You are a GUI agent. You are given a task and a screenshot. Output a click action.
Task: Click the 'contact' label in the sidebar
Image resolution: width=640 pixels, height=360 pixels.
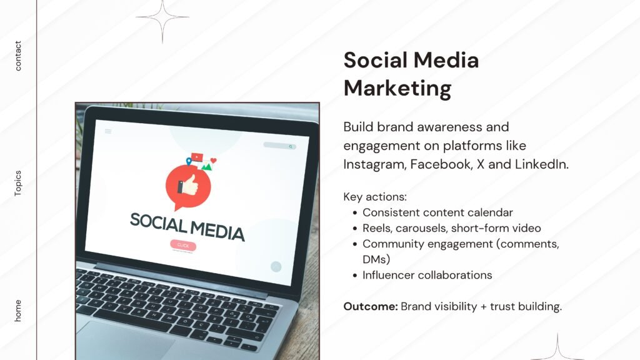point(18,56)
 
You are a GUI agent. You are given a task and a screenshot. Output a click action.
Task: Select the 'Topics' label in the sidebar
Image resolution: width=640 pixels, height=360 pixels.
point(18,183)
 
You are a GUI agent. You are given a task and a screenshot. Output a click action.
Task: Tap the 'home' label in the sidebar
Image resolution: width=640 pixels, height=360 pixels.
point(18,311)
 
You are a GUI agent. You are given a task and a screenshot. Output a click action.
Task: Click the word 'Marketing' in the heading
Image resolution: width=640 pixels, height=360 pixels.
point(397,88)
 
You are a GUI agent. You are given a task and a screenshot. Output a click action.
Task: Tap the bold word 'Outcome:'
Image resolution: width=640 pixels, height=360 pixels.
point(371,306)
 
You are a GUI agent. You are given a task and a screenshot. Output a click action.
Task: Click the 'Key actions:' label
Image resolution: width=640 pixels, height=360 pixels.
point(375,197)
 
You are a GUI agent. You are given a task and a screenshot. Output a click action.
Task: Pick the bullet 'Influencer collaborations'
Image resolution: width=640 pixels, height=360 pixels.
point(427,275)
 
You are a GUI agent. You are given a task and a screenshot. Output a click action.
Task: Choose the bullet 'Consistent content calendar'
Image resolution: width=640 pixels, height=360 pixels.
point(437,212)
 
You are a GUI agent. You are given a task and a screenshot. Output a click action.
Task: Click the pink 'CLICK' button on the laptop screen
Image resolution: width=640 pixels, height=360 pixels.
point(182,246)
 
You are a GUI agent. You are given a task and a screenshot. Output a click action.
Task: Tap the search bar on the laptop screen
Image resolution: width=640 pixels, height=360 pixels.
point(279,146)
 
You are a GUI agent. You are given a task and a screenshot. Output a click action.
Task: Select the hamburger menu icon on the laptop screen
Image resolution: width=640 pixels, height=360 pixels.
point(108,131)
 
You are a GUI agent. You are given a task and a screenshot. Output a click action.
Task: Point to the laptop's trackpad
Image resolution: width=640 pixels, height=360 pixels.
point(125,341)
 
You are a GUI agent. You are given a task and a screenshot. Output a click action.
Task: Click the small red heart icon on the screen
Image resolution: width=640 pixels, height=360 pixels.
point(213,161)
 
